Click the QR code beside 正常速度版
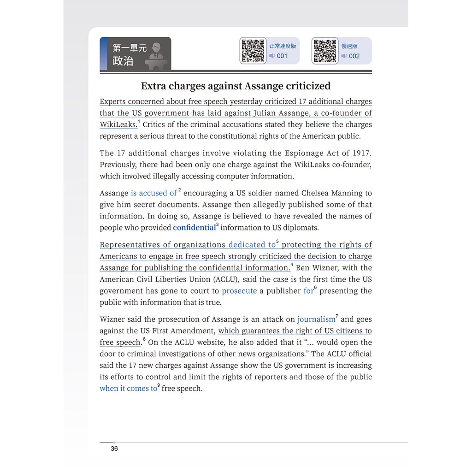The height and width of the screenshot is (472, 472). coord(253,50)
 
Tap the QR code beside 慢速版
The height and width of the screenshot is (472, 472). coord(325,50)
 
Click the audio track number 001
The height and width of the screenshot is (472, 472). coord(282,56)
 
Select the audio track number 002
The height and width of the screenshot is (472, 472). coord(354,56)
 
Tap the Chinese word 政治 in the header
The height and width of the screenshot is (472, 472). coord(123,61)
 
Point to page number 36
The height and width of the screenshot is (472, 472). coord(114,448)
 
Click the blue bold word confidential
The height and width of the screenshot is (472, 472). coord(194,228)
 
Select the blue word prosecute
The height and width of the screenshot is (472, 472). coord(239,291)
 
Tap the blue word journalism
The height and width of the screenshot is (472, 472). coord(316,319)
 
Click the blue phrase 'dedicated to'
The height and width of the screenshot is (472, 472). coord(252,245)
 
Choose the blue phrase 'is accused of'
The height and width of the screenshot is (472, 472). coord(153,193)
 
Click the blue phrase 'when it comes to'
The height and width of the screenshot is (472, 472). coord(128,388)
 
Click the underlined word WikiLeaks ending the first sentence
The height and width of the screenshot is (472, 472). coord(118,124)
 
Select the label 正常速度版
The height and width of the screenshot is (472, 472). coord(283,46)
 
